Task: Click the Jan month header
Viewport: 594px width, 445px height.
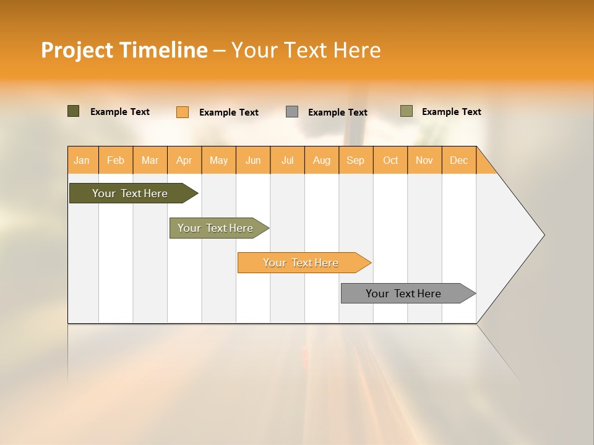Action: [x=82, y=160]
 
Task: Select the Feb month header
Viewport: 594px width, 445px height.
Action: [x=116, y=160]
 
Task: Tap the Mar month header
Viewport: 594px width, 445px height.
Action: [x=150, y=160]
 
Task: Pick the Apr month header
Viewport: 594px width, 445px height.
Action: [x=184, y=160]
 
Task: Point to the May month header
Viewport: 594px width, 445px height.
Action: [x=218, y=160]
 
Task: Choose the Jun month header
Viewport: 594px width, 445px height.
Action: [x=253, y=160]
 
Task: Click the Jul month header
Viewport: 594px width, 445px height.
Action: [x=287, y=160]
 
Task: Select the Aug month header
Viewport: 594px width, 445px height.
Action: [x=322, y=160]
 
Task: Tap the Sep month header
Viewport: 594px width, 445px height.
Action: [x=356, y=160]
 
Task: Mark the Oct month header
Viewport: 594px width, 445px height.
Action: [x=390, y=160]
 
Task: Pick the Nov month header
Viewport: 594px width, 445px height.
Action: [x=424, y=160]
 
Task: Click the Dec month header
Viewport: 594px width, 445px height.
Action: [x=459, y=160]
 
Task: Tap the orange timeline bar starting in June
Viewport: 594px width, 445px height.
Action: [x=301, y=263]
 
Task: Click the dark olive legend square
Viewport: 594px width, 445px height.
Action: [x=74, y=111]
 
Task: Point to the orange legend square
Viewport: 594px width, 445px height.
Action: [x=183, y=112]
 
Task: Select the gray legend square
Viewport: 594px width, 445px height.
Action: [x=292, y=112]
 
